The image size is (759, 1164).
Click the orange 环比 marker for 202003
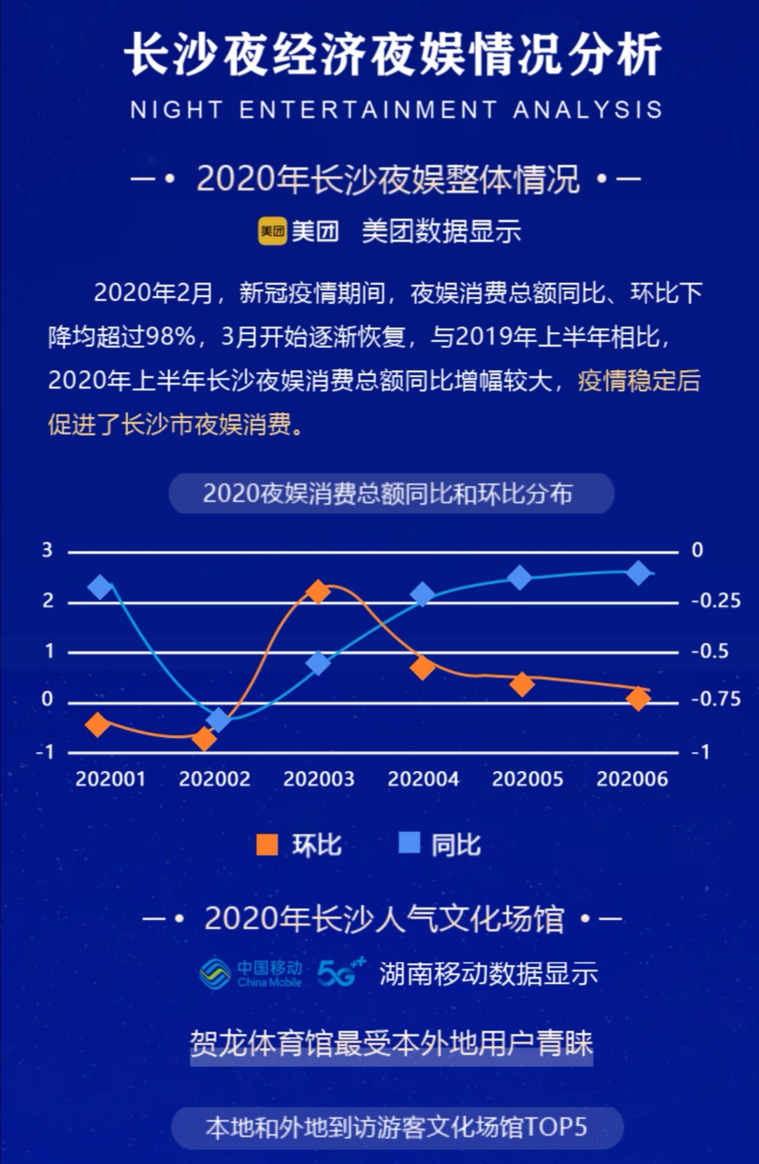pyautogui.click(x=318, y=591)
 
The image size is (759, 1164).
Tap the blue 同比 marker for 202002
pyautogui.click(x=219, y=719)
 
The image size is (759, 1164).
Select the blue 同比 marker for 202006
pyautogui.click(x=638, y=573)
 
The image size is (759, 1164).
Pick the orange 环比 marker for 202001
pyautogui.click(x=98, y=724)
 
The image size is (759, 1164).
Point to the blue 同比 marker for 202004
pyautogui.click(x=422, y=595)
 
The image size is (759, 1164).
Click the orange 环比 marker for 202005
pyautogui.click(x=521, y=684)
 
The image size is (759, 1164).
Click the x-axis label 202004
pyautogui.click(x=423, y=779)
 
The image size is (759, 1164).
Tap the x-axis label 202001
pyautogui.click(x=110, y=779)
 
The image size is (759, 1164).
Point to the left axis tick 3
pyautogui.click(x=47, y=550)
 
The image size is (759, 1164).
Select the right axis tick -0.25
pyautogui.click(x=715, y=601)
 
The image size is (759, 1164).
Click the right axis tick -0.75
pyautogui.click(x=715, y=699)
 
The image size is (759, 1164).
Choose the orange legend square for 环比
pyautogui.click(x=267, y=844)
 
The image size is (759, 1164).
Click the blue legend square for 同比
pyautogui.click(x=409, y=842)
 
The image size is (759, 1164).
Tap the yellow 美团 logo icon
pyautogui.click(x=272, y=231)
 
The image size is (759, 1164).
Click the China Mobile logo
pyautogui.click(x=251, y=973)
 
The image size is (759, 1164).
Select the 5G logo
pyautogui.click(x=341, y=973)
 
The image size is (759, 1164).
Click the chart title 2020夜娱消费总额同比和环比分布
pyautogui.click(x=391, y=494)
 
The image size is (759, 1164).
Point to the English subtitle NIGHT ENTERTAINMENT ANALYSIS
pyautogui.click(x=396, y=110)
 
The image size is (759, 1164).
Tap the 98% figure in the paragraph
pyautogui.click(x=170, y=336)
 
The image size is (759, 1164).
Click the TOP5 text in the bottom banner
pyautogui.click(x=555, y=1127)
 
